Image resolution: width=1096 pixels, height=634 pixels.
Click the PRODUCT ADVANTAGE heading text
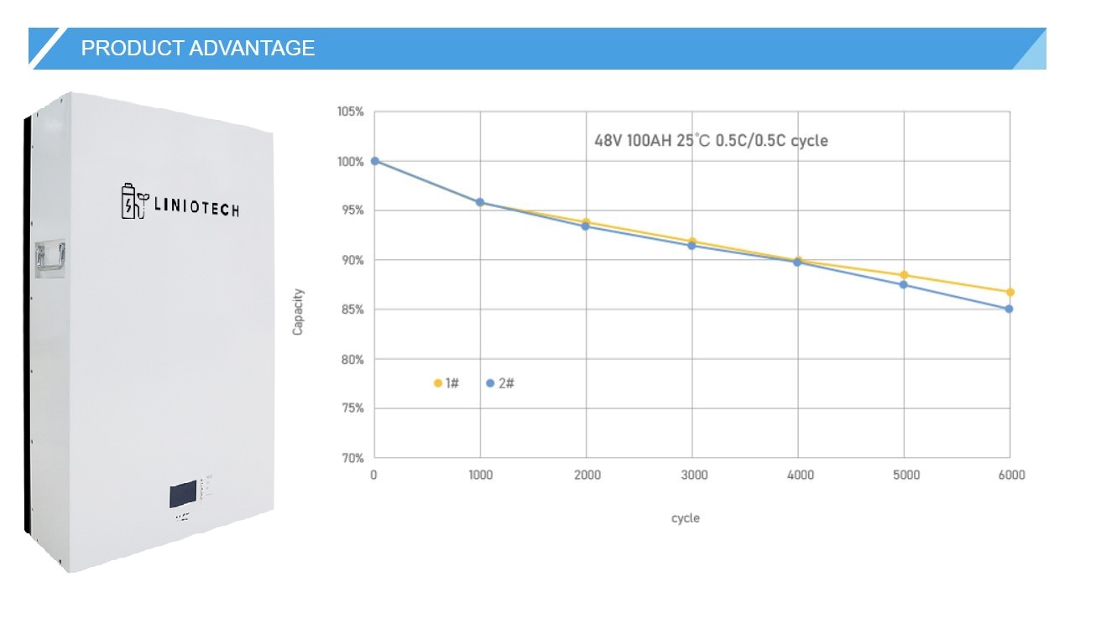tap(197, 49)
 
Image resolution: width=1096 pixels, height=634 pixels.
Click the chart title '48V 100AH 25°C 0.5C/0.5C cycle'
tap(711, 140)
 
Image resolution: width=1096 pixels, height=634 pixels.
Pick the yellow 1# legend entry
tap(446, 383)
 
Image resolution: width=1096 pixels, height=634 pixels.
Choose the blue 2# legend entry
tap(500, 383)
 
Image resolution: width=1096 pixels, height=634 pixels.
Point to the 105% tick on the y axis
tap(350, 112)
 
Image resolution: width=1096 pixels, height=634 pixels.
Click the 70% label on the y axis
tap(352, 459)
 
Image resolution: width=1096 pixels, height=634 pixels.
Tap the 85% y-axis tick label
tap(352, 310)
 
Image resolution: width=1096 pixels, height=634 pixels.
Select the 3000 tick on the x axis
tap(693, 475)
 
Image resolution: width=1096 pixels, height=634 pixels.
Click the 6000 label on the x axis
tap(1010, 475)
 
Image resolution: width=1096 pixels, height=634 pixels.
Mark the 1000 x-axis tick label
tap(480, 475)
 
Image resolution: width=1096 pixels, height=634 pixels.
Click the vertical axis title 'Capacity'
tap(298, 312)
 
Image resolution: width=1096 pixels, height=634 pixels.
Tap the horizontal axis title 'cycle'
tap(685, 518)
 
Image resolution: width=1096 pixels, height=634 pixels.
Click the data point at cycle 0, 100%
tap(374, 161)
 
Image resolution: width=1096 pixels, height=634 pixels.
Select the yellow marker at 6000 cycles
tap(1010, 292)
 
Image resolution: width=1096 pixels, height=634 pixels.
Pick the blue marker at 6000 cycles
tap(1009, 309)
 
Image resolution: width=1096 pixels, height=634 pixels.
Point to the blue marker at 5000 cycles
tap(904, 284)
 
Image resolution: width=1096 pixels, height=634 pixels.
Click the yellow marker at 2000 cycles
tap(586, 222)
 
